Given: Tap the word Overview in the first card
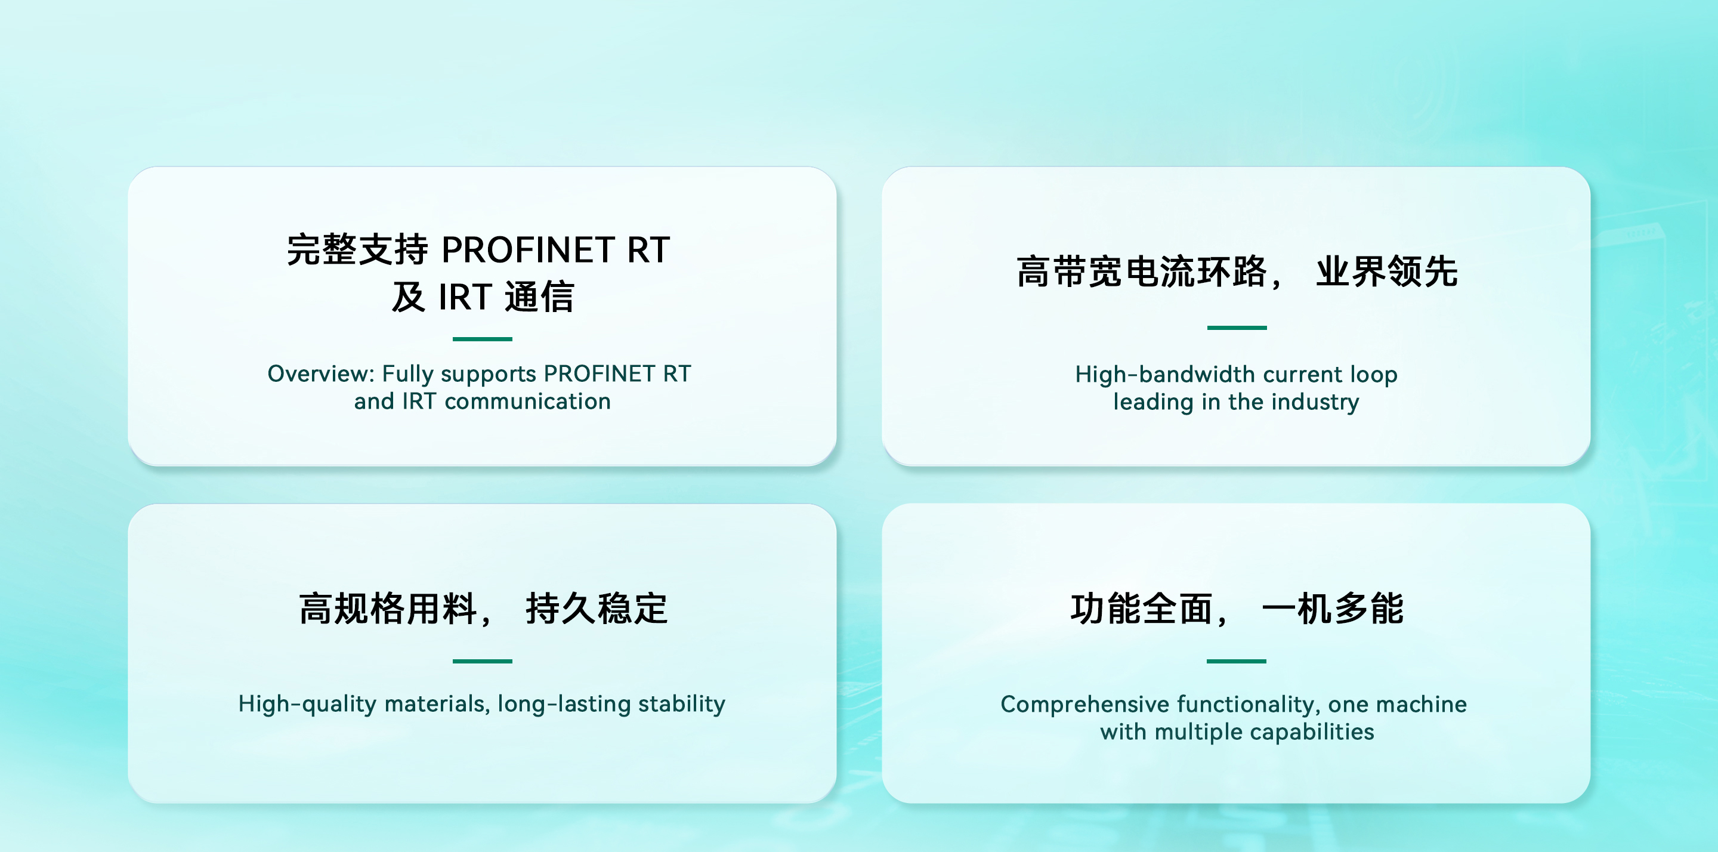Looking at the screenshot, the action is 321,373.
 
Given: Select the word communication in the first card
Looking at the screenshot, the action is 527,402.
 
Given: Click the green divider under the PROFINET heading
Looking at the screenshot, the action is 482,339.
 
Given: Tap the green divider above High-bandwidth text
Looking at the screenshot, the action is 1237,328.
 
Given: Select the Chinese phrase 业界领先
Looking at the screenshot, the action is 1387,271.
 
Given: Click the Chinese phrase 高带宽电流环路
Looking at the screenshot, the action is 1141,271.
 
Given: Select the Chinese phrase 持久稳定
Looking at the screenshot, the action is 597,609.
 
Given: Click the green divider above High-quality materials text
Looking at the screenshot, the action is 482,661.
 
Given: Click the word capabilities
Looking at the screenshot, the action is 1312,732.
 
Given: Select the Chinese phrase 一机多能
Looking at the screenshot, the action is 1333,609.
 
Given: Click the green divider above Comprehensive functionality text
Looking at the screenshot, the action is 1237,661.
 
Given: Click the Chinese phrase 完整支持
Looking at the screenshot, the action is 357,250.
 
